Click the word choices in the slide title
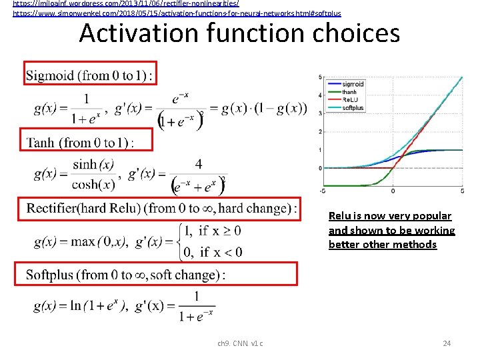[x=353, y=32]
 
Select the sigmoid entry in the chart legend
[x=353, y=84]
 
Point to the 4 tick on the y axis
[x=320, y=95]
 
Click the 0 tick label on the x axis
[x=392, y=191]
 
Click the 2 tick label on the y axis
[x=320, y=131]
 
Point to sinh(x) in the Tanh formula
[x=93, y=164]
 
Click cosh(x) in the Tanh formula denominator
[x=93, y=185]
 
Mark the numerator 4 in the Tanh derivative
[x=199, y=163]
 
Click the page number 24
[x=447, y=343]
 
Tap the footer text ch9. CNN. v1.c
[x=240, y=343]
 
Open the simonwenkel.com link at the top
[x=177, y=13]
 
